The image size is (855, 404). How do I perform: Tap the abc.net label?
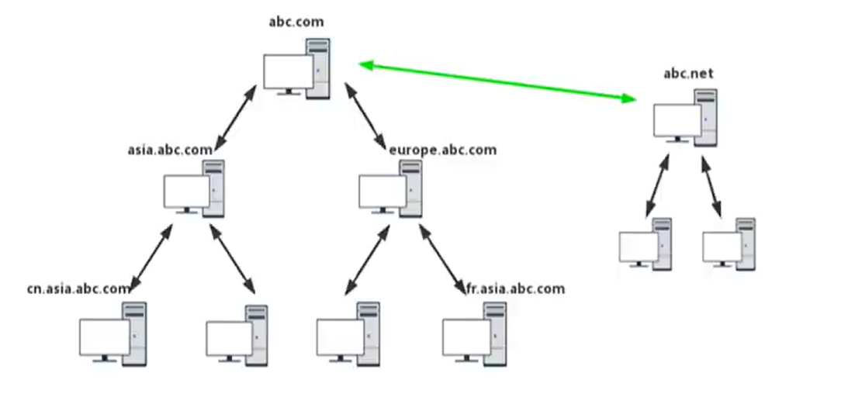point(688,74)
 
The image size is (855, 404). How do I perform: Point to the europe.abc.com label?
point(442,150)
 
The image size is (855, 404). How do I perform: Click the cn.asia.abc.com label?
point(78,289)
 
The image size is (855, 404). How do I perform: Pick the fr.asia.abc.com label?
point(515,289)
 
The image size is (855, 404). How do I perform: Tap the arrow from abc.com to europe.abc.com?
point(369,117)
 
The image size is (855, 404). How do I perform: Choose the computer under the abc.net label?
point(685,119)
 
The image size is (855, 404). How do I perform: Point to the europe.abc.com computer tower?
point(413,188)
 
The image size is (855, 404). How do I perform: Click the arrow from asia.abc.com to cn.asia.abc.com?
point(151,258)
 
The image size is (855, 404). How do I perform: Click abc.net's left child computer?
point(645,245)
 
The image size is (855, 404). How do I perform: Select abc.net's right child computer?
point(729,245)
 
